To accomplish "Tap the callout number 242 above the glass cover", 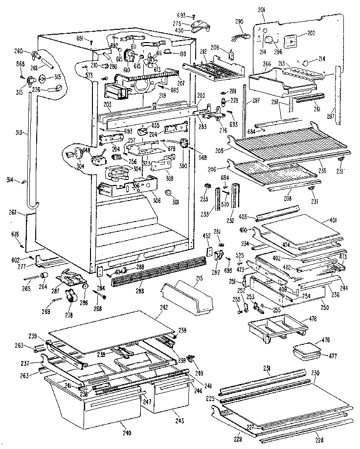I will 163,308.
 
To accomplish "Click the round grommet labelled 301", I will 171,193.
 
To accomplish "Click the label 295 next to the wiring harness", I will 239,22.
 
